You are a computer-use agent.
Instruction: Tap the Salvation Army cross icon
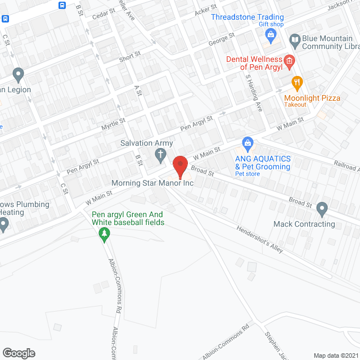click(160, 154)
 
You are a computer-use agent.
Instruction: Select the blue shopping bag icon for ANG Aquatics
click(246, 143)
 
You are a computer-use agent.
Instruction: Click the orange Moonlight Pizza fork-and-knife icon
click(297, 84)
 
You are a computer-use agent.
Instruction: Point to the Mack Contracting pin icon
click(322, 209)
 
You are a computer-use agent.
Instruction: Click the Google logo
click(18, 353)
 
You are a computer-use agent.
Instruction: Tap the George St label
click(221, 39)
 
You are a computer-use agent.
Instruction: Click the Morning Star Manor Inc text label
click(151, 183)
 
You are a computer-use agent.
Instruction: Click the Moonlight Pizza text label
click(312, 98)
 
